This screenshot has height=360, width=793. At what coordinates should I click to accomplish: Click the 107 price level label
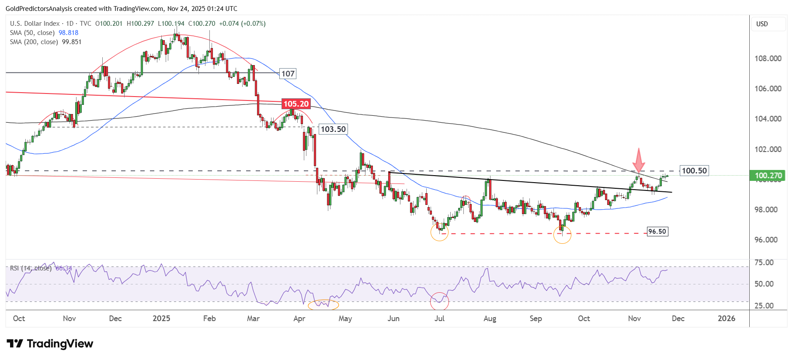[288, 74]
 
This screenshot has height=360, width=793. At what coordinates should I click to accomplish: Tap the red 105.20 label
[296, 104]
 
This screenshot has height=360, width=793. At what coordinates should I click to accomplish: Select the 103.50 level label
[333, 129]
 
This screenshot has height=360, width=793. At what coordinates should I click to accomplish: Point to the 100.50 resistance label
[694, 171]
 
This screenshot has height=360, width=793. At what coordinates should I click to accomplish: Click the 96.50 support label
[657, 232]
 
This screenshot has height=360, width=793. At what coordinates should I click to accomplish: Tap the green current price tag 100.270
[768, 176]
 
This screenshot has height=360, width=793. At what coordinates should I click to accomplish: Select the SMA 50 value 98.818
[69, 33]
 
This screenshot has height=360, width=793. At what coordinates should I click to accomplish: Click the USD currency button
[762, 24]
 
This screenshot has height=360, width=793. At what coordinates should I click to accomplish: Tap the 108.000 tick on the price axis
[768, 59]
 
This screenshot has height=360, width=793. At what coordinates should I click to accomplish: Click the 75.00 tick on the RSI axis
[764, 263]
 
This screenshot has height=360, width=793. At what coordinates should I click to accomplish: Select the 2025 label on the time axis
[161, 318]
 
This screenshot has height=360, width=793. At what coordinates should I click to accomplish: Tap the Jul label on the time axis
[439, 318]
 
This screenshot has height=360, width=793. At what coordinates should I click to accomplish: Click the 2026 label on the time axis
[727, 318]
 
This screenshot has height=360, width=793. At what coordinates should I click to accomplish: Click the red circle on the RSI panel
[439, 301]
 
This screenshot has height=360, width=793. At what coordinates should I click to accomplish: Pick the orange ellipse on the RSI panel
[323, 305]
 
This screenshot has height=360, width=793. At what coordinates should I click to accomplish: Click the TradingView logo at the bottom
[50, 344]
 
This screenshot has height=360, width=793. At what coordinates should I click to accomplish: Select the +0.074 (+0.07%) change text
[242, 24]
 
